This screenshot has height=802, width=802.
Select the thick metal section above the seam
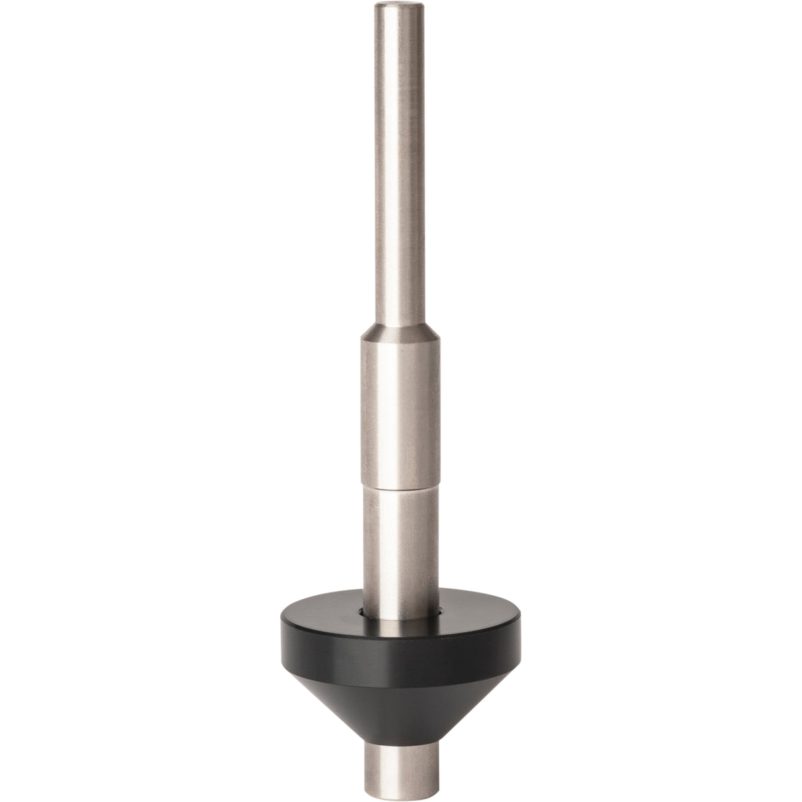(399, 410)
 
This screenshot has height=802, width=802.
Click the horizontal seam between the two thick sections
(399, 487)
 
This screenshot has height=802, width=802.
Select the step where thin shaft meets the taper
(399, 322)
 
